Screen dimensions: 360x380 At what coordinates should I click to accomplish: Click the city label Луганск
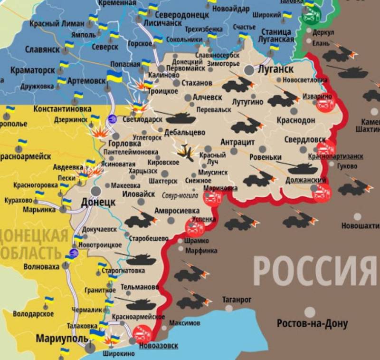pyautogui.click(x=275, y=69)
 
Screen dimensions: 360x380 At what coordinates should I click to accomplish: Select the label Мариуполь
pyautogui.click(x=62, y=339)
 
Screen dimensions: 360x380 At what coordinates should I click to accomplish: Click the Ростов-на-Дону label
pyautogui.click(x=312, y=324)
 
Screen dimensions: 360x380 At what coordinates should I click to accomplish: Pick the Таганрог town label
pyautogui.click(x=237, y=300)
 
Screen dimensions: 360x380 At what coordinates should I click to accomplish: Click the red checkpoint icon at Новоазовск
pyautogui.click(x=142, y=334)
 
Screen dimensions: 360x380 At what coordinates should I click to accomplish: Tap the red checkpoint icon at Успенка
pyautogui.click(x=195, y=227)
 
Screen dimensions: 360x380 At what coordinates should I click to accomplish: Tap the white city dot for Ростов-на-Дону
pyautogui.click(x=310, y=312)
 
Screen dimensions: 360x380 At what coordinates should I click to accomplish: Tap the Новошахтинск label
pyautogui.click(x=361, y=226)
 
